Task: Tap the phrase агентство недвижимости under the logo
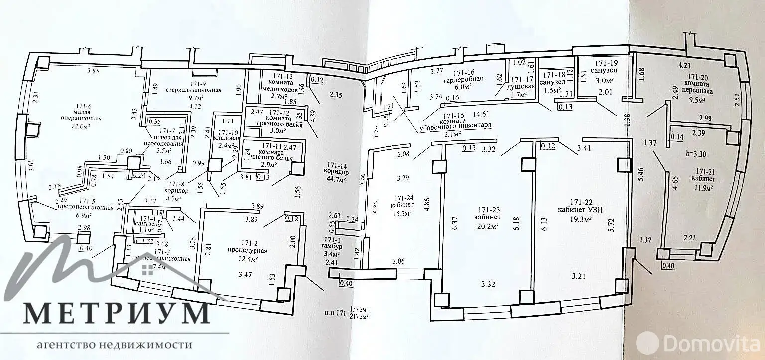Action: click(115, 345)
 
